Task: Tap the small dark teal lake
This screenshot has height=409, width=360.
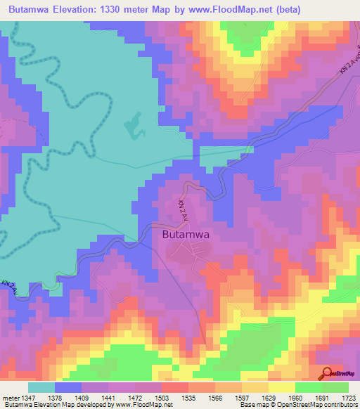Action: (131, 125)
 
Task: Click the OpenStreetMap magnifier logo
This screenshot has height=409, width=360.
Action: (326, 374)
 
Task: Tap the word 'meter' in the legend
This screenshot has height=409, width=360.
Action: (11, 398)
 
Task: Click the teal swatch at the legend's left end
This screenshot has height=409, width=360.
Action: (41, 387)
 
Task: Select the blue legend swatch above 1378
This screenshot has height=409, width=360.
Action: (68, 387)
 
